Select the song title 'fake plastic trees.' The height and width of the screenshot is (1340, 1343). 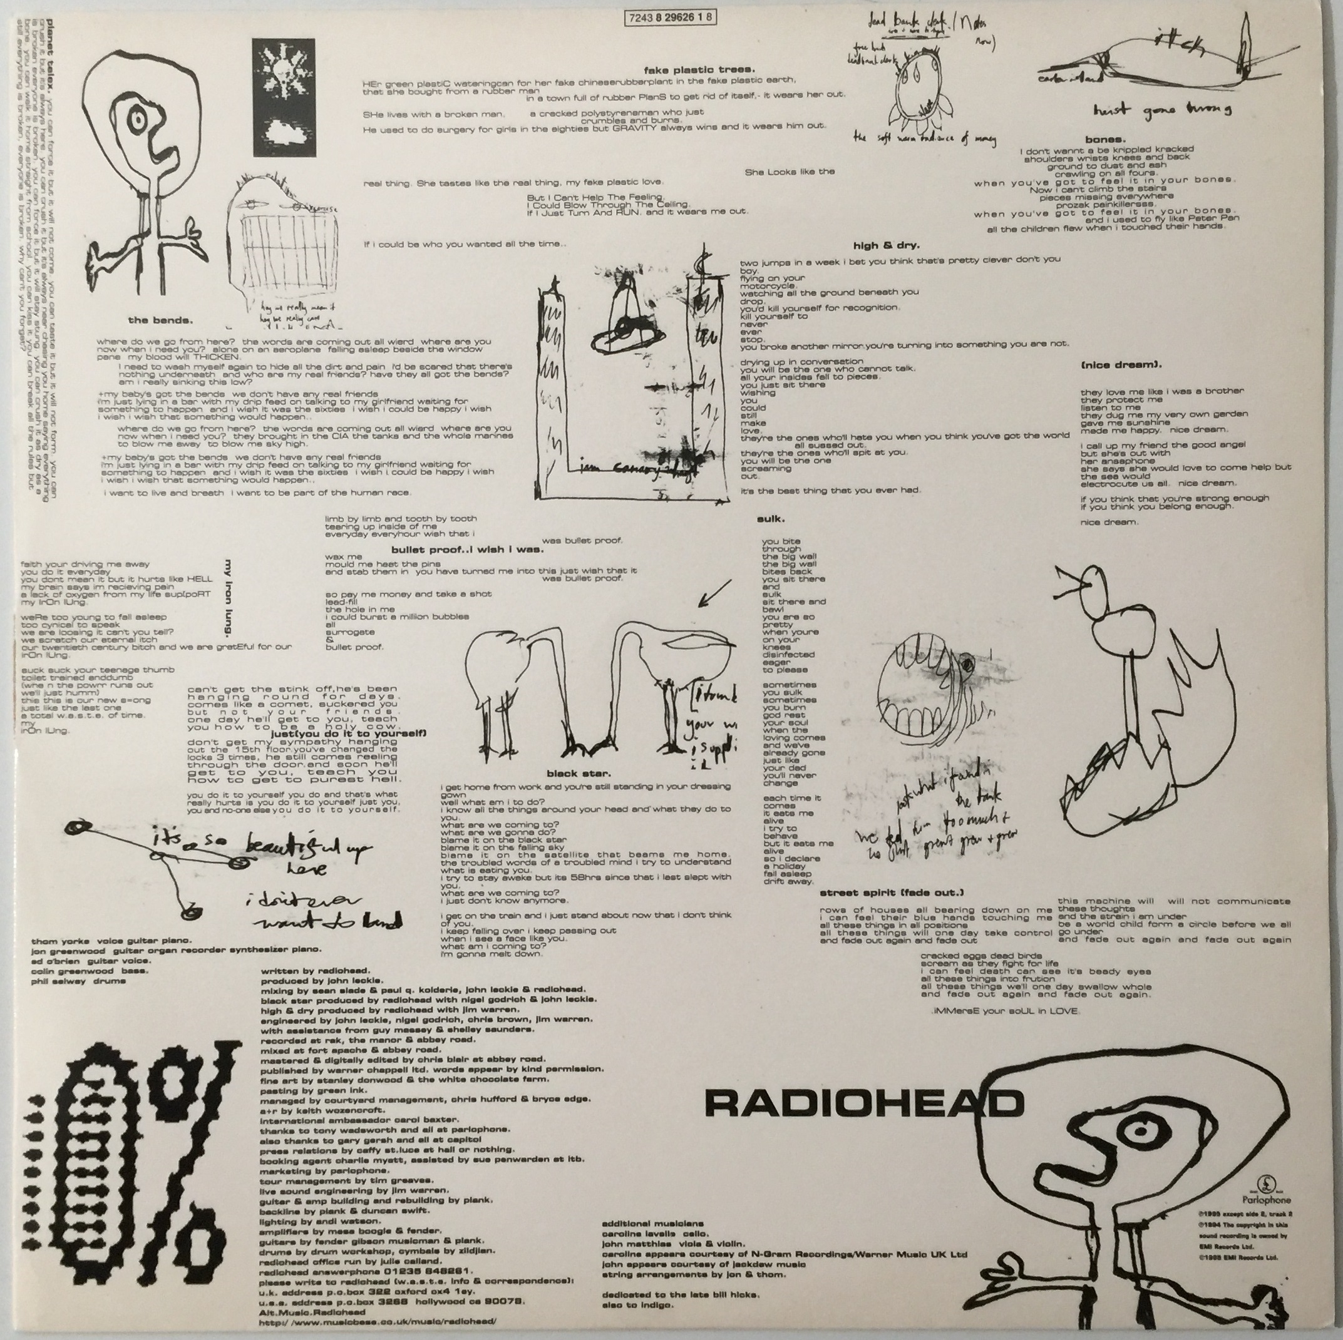[699, 69]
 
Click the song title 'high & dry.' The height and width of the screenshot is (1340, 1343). [887, 245]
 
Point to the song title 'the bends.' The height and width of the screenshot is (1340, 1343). [159, 320]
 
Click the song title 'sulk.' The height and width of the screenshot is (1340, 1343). [771, 518]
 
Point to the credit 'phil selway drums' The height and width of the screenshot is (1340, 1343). [78, 981]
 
